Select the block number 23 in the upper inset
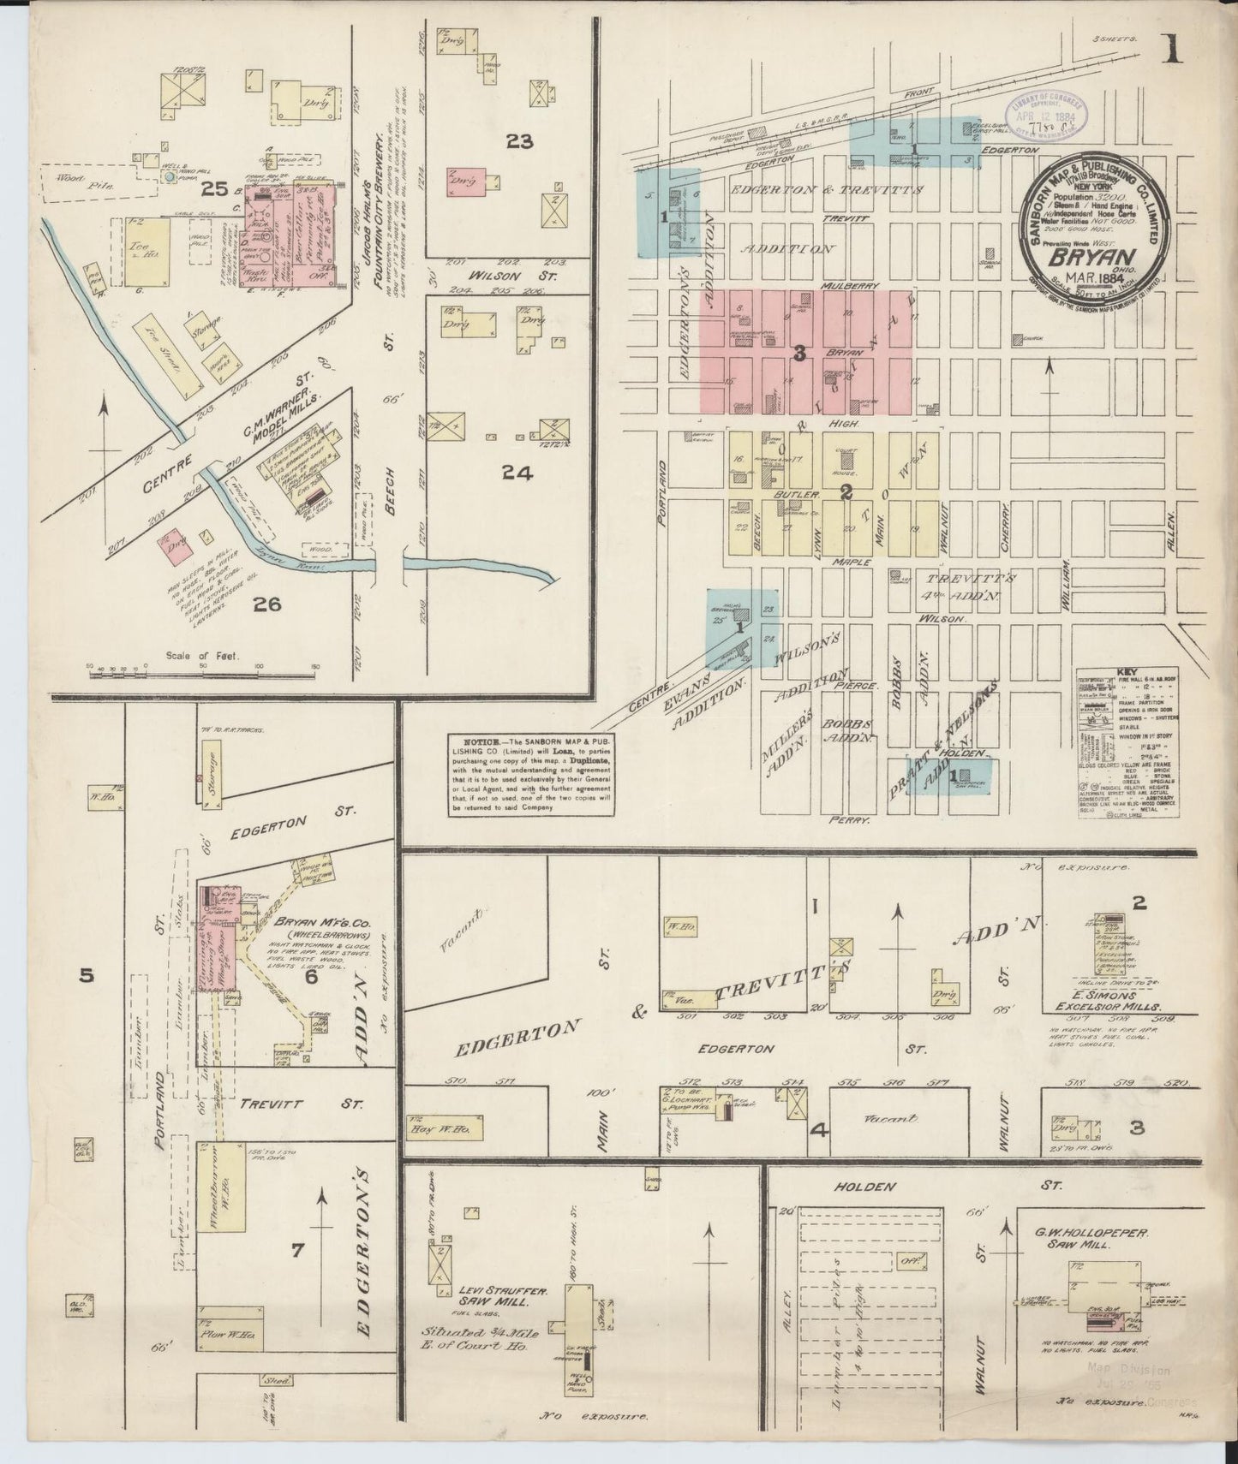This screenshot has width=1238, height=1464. (x=519, y=141)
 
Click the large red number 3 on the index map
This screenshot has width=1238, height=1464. (x=798, y=353)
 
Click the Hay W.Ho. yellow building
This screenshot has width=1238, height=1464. (x=446, y=1127)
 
